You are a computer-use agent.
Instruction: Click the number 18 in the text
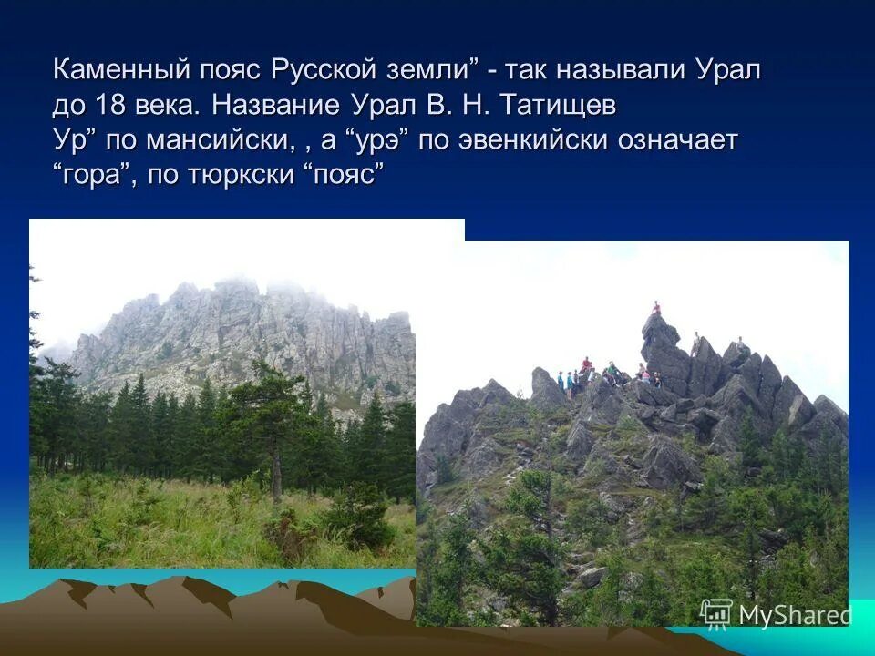pyautogui.click(x=108, y=106)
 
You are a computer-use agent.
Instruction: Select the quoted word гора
pyautogui.click(x=92, y=175)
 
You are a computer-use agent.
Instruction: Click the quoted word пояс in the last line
pyautogui.click(x=345, y=175)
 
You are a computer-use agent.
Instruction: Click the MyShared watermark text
pyautogui.click(x=795, y=615)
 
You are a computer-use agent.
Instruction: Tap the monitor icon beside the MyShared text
pyautogui.click(x=716, y=613)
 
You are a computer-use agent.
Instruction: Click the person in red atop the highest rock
pyautogui.click(x=655, y=310)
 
